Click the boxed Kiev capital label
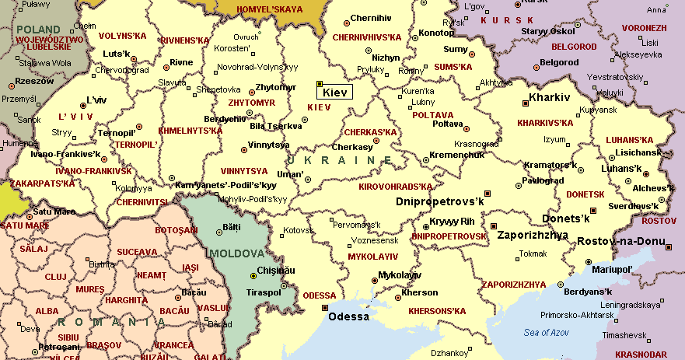(x=335, y=92)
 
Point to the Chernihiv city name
(x=371, y=17)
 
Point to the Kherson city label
(x=421, y=293)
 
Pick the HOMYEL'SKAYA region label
(x=270, y=9)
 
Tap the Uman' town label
(x=289, y=174)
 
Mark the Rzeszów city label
(x=33, y=81)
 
